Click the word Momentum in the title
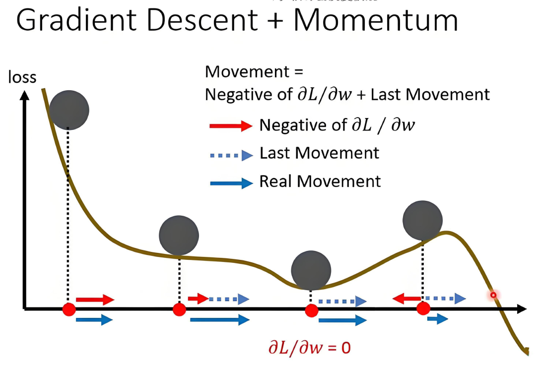376,21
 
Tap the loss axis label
21,77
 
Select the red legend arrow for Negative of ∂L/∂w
231,126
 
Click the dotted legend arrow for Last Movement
231,155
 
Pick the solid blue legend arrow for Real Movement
231,183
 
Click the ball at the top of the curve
69,110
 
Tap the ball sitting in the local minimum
311,270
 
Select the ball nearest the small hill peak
422,220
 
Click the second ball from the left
179,236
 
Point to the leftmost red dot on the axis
69,309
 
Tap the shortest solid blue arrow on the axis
437,318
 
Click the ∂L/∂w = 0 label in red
309,347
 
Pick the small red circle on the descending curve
493,295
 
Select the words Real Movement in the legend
320,181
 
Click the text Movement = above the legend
254,72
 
